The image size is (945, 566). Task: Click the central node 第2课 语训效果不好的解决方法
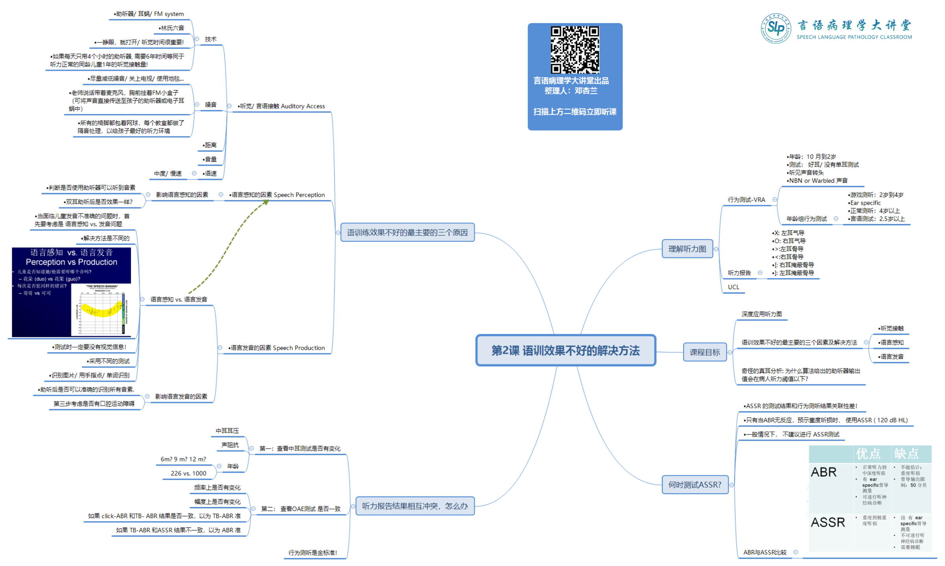click(566, 350)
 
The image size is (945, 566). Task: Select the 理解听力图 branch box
click(687, 249)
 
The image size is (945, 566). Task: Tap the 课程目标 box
click(704, 352)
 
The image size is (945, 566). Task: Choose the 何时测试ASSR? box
click(694, 485)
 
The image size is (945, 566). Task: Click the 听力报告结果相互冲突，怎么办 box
click(415, 506)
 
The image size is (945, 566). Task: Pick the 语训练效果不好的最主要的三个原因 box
click(407, 232)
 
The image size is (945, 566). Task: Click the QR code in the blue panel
click(575, 50)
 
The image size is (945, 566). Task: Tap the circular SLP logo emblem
click(775, 28)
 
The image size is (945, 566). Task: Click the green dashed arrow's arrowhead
click(266, 202)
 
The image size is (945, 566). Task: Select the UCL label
click(733, 287)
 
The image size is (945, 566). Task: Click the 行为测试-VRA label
click(746, 200)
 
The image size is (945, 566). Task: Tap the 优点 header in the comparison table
click(868, 454)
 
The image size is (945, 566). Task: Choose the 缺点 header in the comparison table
click(906, 454)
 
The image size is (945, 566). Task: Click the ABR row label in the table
click(823, 472)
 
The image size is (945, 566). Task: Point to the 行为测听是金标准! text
click(313, 553)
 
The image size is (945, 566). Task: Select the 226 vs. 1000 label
click(188, 473)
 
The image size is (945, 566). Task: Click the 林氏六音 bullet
click(172, 28)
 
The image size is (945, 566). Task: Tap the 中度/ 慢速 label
click(168, 173)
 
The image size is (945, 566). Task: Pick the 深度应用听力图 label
click(761, 314)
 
